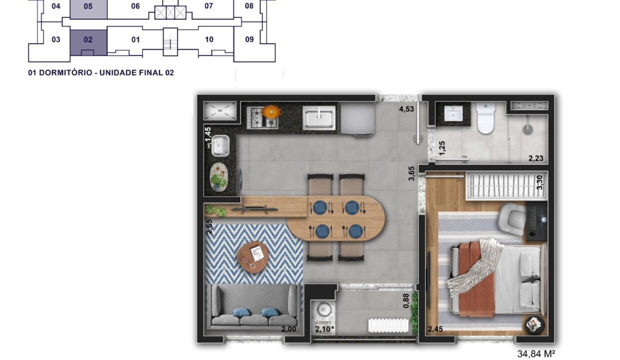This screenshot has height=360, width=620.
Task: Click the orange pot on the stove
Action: coord(272,111)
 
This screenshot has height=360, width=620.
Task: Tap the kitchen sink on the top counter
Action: coord(319,118)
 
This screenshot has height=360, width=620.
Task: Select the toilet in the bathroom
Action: coord(486,117)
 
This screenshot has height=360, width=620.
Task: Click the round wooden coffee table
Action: coord(252,257)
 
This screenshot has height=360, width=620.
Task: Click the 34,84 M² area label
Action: coord(536,353)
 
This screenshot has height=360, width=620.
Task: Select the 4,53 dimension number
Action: coord(406,109)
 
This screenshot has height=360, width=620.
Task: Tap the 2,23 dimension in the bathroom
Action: coord(536,158)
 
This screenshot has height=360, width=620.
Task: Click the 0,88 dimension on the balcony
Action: coord(406,301)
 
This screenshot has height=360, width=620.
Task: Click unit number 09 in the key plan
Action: coord(249,39)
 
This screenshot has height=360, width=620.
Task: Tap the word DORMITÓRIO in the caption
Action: coord(65,72)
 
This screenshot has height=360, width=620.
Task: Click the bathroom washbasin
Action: coord(453,113)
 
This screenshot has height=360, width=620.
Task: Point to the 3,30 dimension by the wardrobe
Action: coord(539,182)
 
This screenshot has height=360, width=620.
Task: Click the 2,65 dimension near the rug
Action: coord(209,226)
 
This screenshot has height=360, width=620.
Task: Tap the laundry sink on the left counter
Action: coord(220,145)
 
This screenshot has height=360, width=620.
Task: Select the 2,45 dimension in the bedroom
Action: coord(435,329)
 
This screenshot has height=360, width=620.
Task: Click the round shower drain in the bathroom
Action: coord(528,129)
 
